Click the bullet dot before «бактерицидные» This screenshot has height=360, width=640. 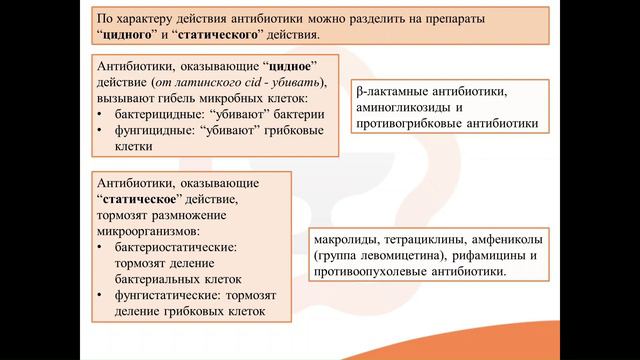[x=101, y=115]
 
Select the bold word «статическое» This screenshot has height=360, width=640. [x=141, y=200]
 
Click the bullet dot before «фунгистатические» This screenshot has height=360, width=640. [x=101, y=296]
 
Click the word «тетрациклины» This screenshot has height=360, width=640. [x=435, y=239]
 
